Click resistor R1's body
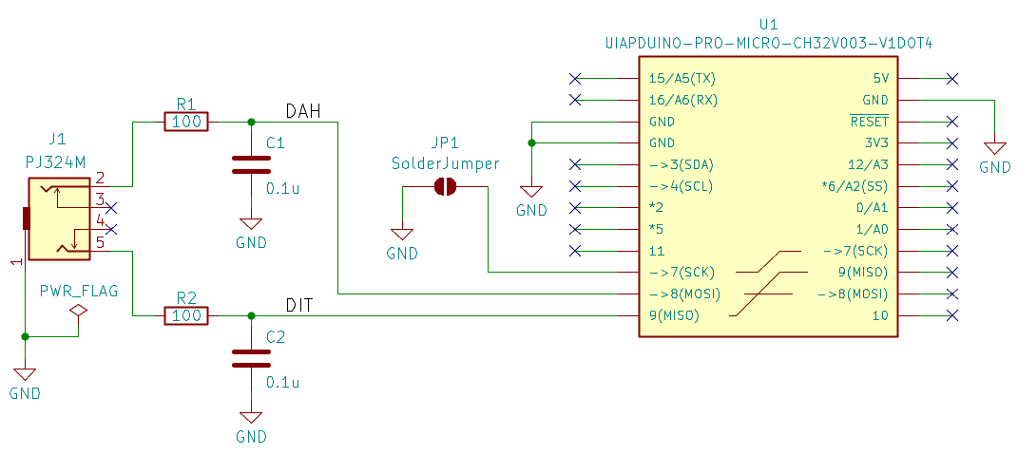pos(186,122)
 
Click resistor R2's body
pos(186,316)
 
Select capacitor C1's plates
pos(251,164)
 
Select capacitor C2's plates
pos(251,358)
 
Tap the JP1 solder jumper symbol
pos(446,187)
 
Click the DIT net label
pos(300,305)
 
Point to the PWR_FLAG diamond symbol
pos(79,311)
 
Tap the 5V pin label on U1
pos(881,79)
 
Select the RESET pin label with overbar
pos(870,122)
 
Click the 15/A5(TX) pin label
pos(682,79)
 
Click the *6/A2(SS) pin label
pos(855,186)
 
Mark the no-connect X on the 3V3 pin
pos(952,142)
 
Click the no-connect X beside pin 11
pos(574,251)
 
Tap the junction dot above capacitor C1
pos(251,122)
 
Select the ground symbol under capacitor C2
pos(251,417)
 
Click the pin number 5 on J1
pos(100,242)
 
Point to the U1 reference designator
pos(769,25)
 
